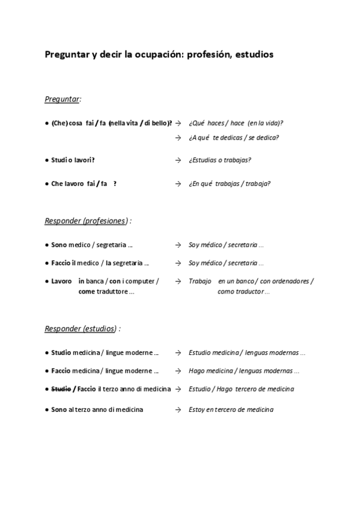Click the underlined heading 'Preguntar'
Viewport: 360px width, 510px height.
pyautogui.click(x=63, y=99)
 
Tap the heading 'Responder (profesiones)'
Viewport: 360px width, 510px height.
pyautogui.click(x=85, y=221)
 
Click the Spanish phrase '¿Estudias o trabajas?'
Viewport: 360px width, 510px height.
pyautogui.click(x=220, y=160)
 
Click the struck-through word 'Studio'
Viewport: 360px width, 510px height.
pyautogui.click(x=61, y=389)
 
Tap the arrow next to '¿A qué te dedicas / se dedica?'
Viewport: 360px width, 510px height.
pyautogui.click(x=178, y=137)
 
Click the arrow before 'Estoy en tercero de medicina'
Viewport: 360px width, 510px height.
pyautogui.click(x=178, y=410)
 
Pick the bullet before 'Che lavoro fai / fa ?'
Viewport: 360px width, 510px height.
pyautogui.click(x=47, y=183)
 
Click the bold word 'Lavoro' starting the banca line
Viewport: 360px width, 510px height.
pyautogui.click(x=61, y=281)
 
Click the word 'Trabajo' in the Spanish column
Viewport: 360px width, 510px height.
pyautogui.click(x=200, y=281)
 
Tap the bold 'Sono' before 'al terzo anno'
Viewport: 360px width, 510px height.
pyautogui.click(x=59, y=410)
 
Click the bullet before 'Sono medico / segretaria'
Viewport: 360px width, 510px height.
pyautogui.click(x=47, y=245)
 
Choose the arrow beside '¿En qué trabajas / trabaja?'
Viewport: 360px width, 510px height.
pyautogui.click(x=178, y=183)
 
